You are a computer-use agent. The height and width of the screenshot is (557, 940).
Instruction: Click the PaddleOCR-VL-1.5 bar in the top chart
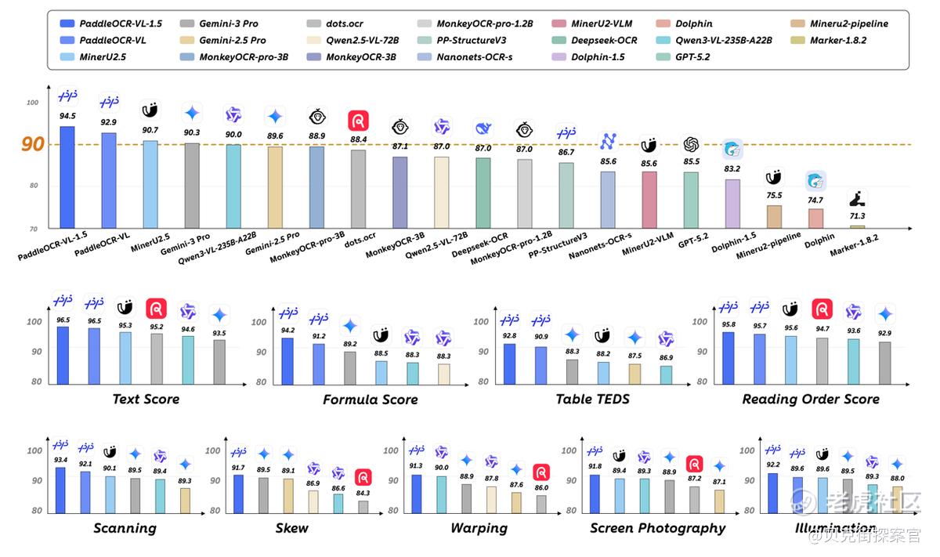67,176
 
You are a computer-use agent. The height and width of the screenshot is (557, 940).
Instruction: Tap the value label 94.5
67,116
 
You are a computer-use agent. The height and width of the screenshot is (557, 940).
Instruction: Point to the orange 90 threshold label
33,144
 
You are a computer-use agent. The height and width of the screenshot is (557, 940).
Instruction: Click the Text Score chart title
146,399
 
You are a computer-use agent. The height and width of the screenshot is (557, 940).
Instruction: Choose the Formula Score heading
370,400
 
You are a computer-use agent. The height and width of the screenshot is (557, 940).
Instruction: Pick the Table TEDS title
592,399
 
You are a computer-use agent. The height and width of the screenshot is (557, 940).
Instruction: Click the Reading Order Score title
811,399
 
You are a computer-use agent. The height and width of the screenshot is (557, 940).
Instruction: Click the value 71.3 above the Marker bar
857,216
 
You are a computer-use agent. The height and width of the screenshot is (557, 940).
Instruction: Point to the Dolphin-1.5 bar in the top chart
732,204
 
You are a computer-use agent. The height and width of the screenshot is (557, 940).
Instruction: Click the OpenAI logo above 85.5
691,145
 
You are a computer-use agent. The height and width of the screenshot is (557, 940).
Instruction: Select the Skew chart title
291,528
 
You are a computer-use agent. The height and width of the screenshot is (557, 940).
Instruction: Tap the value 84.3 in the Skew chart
363,493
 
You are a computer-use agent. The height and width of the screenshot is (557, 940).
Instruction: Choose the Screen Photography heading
657,528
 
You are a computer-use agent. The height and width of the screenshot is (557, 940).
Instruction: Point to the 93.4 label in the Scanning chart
60,460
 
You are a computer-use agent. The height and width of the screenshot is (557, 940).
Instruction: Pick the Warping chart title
479,528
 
